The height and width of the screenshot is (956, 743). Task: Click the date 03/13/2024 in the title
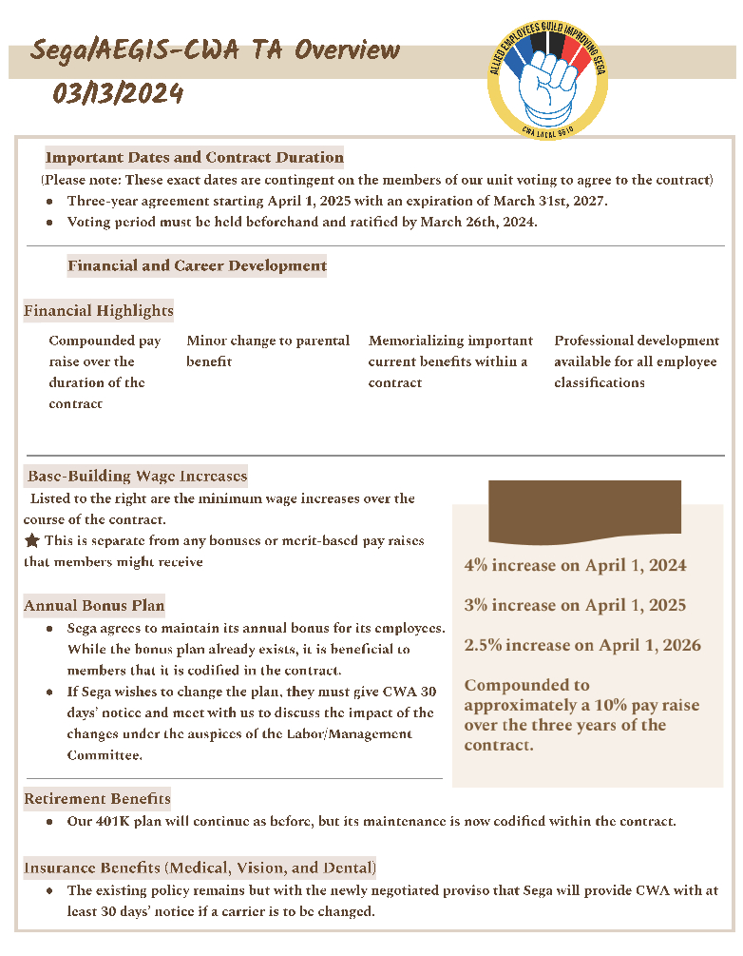(x=118, y=94)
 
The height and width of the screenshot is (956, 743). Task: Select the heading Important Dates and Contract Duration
(x=195, y=158)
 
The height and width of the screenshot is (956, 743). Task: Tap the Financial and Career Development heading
(x=197, y=266)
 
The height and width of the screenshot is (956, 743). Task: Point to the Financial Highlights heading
(x=99, y=311)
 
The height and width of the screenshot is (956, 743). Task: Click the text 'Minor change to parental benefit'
(x=268, y=351)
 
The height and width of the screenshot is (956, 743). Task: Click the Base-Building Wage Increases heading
(x=138, y=476)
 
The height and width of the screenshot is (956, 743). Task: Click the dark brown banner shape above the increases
(x=584, y=509)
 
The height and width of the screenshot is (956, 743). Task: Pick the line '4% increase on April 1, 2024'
(x=575, y=565)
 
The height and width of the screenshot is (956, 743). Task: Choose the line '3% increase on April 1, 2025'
(x=575, y=605)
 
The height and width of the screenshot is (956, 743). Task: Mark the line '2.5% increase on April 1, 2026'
(x=582, y=645)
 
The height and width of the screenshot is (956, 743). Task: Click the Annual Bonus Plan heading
(x=94, y=605)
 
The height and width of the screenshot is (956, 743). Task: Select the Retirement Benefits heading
(x=98, y=798)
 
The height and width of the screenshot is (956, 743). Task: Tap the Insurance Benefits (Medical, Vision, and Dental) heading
(x=200, y=868)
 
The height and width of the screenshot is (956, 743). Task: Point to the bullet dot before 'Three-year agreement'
(x=49, y=202)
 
